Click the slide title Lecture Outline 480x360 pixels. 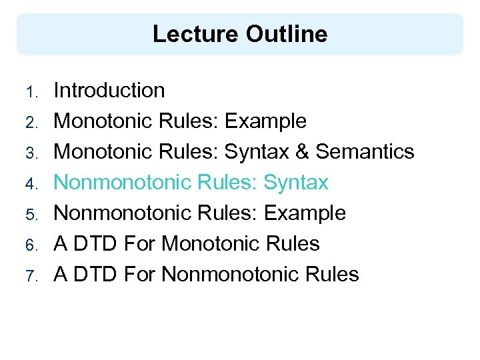[240, 34]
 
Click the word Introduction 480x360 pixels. [109, 91]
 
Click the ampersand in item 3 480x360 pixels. [301, 152]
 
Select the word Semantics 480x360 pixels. [365, 152]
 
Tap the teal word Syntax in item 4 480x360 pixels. [296, 183]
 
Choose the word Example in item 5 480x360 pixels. [305, 213]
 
